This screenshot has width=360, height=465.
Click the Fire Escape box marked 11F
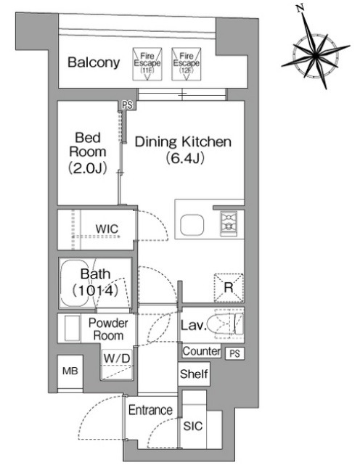point(147,64)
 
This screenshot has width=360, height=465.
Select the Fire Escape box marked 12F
point(187,64)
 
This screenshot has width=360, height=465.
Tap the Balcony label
point(94,62)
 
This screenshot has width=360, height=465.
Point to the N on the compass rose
point(300,8)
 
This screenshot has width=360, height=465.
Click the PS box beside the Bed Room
point(128,105)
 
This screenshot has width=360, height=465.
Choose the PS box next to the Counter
point(234,353)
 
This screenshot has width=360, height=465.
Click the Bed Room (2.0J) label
point(88,153)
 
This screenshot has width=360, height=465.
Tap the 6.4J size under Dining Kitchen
point(185,158)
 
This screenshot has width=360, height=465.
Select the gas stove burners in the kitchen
point(229,223)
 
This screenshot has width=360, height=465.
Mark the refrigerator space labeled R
point(229,288)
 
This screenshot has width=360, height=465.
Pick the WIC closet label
point(107,229)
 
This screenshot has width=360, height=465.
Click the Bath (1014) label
point(95,283)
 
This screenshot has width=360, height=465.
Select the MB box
point(70,371)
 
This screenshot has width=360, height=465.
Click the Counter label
point(202,351)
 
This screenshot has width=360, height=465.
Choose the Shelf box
point(194,374)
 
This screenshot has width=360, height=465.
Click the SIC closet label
point(193,426)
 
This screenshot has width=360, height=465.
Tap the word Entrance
point(150,410)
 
